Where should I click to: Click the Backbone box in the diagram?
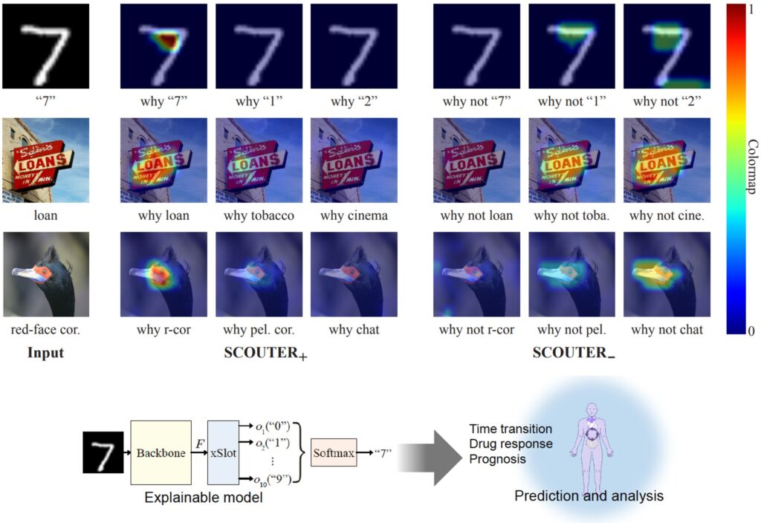(x=161, y=453)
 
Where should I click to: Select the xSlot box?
(x=223, y=453)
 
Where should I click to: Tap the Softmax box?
(x=333, y=452)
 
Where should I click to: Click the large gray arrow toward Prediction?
(x=433, y=453)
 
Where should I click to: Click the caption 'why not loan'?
(x=476, y=216)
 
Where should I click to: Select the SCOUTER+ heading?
(x=265, y=354)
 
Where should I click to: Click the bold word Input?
(x=45, y=353)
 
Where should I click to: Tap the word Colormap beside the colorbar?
(x=752, y=168)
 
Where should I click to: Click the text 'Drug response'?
(x=511, y=444)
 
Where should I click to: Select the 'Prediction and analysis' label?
(x=589, y=496)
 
